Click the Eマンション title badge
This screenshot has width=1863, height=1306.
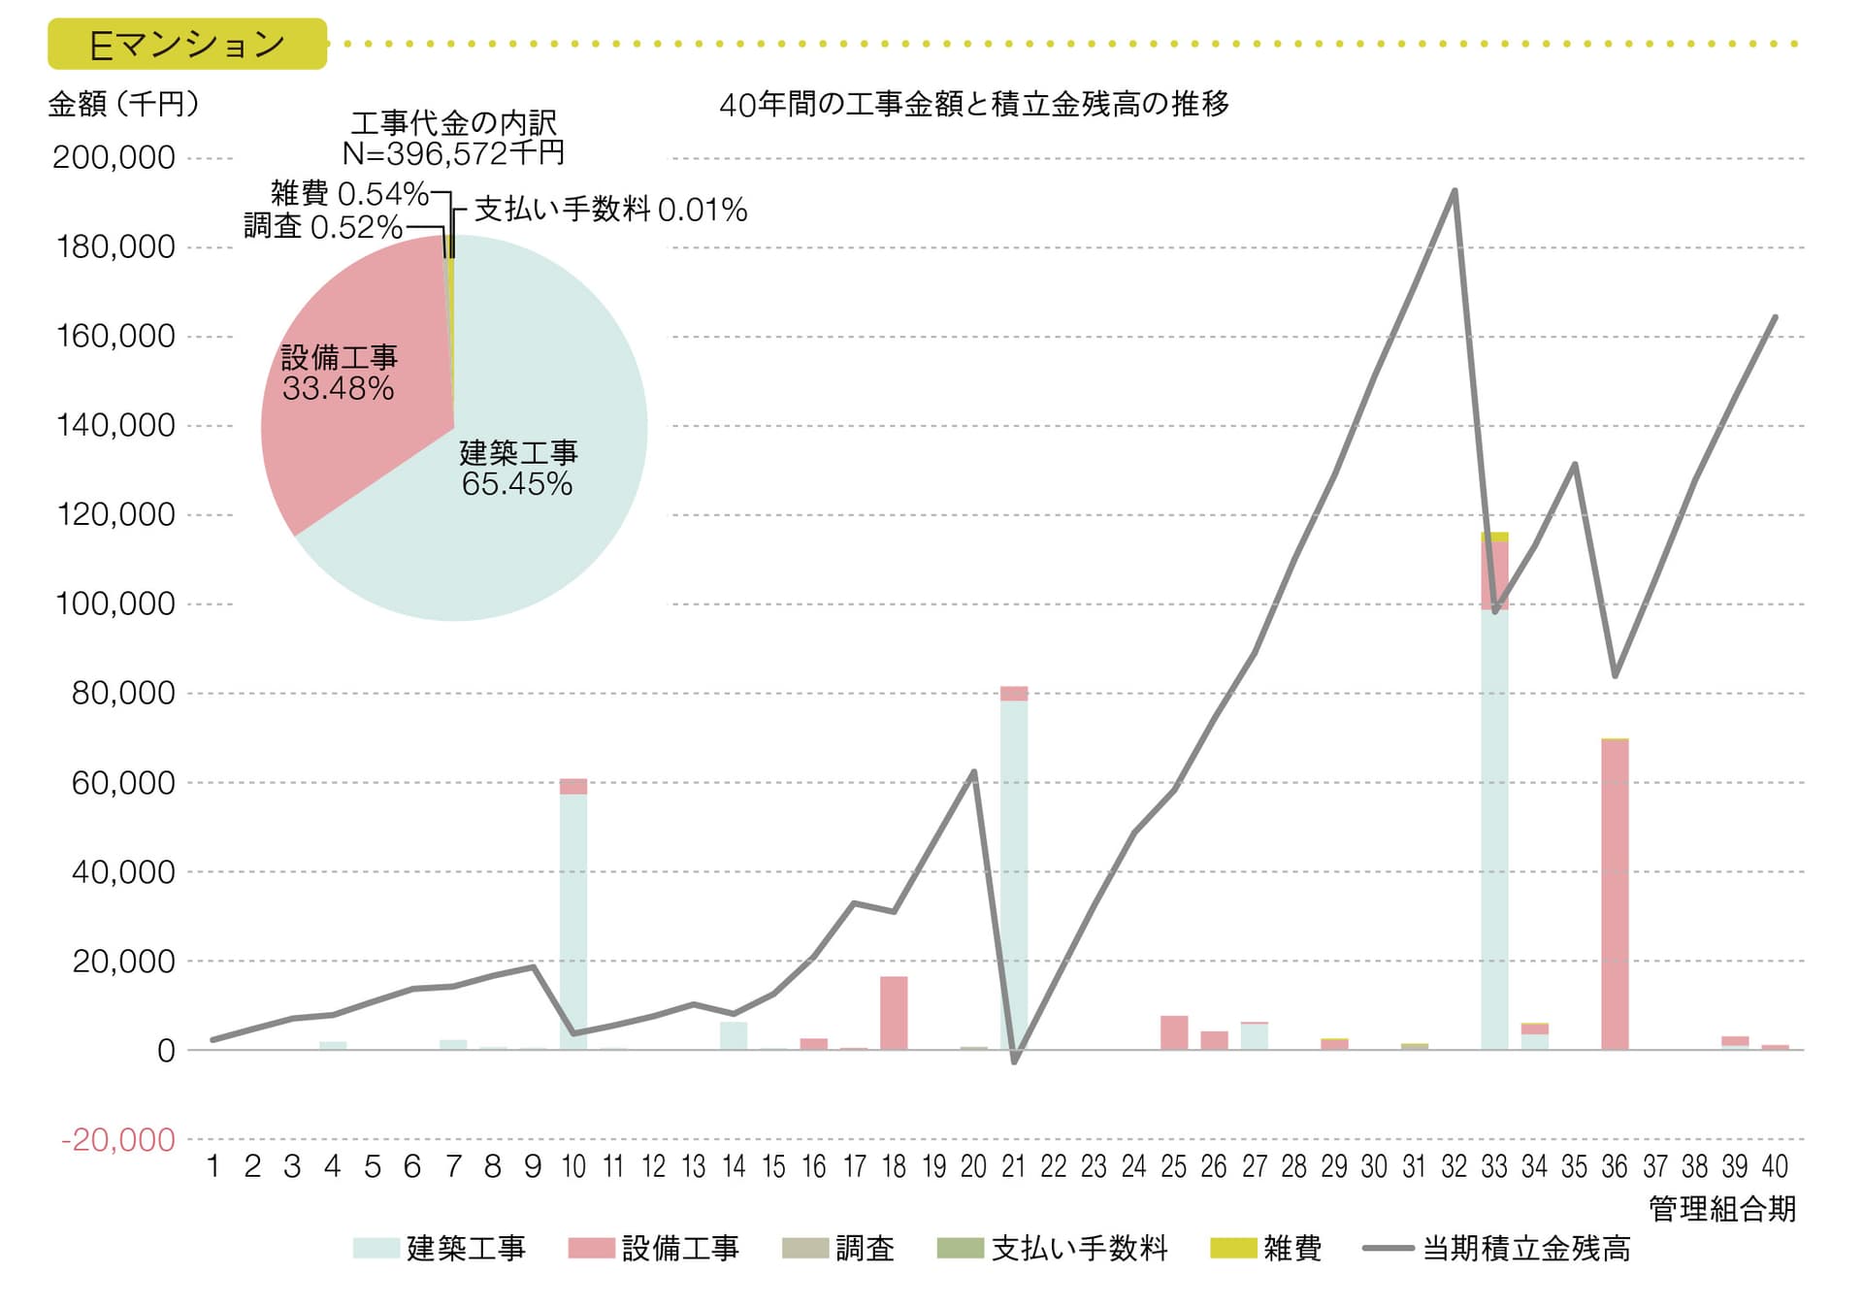pos(187,45)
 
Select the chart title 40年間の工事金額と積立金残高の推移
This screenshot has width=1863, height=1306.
pos(973,104)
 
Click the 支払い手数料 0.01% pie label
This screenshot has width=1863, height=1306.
pos(610,210)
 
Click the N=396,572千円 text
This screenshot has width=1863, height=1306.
pos(453,152)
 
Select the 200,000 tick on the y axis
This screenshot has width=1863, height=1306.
pos(114,157)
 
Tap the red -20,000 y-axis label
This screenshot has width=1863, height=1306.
pos(117,1139)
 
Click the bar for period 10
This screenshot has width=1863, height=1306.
pos(573,917)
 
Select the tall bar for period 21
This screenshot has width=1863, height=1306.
pos(1014,873)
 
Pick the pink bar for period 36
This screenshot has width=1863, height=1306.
pos(1615,893)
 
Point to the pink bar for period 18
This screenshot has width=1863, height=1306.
pos(894,1013)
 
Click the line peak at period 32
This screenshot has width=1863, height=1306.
pos(1454,190)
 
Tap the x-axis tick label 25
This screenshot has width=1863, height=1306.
pos(1174,1166)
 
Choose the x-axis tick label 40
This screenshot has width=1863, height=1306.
pos(1775,1166)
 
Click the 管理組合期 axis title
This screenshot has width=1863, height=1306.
pos(1722,1209)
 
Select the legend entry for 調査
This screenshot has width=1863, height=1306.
pos(838,1248)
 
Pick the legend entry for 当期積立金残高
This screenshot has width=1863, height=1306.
pos(1497,1248)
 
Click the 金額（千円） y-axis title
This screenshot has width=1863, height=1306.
pos(123,104)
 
